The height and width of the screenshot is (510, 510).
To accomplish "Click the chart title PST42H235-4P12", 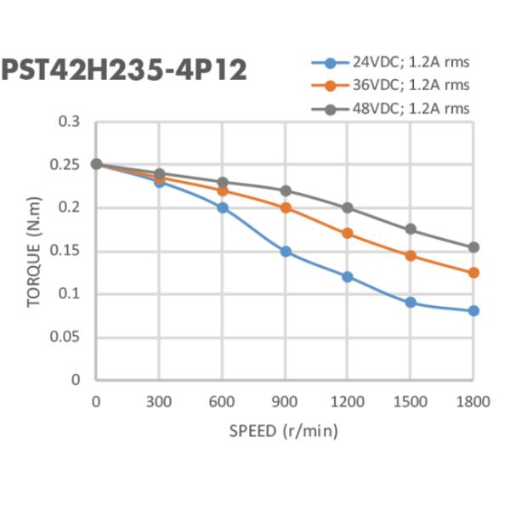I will [125, 70].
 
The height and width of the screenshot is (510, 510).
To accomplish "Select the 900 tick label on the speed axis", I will [285, 400].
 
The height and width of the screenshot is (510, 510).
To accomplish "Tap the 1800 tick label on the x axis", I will [473, 400].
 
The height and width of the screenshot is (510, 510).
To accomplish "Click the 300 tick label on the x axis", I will [159, 400].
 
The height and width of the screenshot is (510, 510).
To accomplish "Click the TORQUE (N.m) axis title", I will [34, 251].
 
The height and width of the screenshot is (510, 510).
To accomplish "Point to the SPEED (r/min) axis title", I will [284, 431].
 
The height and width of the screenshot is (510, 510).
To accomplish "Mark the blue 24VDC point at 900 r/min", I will [285, 252].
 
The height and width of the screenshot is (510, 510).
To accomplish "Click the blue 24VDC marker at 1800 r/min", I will [473, 311].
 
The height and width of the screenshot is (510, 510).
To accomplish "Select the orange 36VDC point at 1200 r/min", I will [348, 233].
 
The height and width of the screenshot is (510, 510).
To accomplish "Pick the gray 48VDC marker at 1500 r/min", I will [411, 229].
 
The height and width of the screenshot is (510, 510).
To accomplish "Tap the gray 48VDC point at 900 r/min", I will [285, 190].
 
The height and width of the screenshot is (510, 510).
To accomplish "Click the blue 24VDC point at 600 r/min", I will [222, 207].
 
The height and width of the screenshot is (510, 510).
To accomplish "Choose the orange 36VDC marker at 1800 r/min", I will [473, 273].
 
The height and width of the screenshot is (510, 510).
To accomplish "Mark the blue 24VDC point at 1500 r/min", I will [411, 303].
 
